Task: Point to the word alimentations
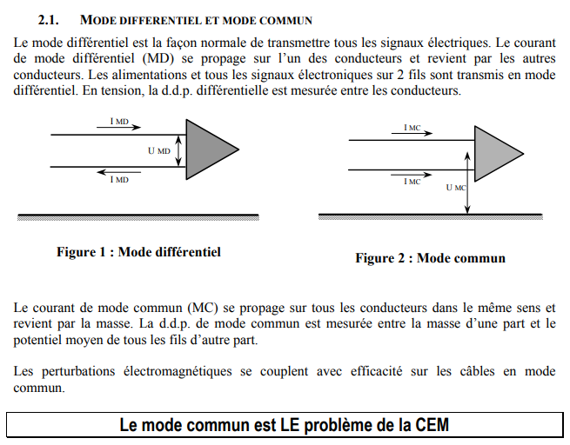124,74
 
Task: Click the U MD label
159,150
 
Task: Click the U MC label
455,187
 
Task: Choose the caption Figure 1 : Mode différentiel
138,252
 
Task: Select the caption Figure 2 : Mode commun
430,258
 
